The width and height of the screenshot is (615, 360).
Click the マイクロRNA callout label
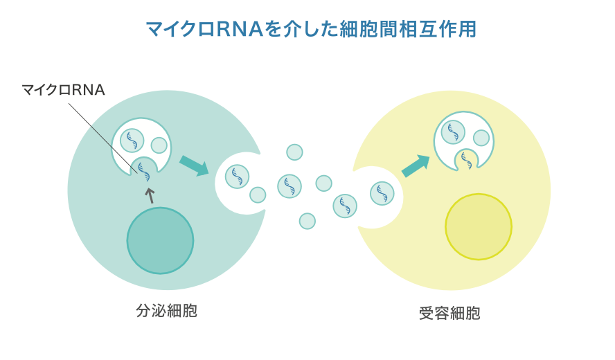pos(63,89)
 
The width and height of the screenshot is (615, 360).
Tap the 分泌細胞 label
pos(167,311)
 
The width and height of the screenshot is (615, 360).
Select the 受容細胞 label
pos(449,313)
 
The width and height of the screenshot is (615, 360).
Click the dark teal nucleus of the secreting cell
pos(160,240)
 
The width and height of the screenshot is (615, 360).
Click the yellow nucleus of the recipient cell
pos(479,226)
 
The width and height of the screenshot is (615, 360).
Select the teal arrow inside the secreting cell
pos(194,166)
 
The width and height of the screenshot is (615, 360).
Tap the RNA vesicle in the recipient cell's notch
pos(382,193)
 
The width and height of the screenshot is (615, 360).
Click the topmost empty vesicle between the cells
pos(294,152)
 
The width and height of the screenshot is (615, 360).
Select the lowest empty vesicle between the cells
pos(307,221)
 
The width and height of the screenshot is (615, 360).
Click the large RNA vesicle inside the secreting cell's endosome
pos(132,140)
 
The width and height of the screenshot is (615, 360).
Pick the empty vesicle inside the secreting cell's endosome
pos(159,145)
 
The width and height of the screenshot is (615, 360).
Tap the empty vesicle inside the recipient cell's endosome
pos(481,138)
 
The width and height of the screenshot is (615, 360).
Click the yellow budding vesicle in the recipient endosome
pos(466,160)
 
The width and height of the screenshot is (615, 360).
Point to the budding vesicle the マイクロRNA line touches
pos(145,168)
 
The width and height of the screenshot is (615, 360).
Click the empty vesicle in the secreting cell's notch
pos(258,195)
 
